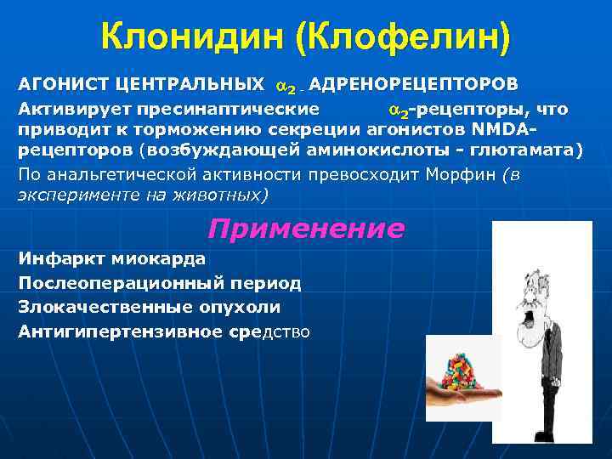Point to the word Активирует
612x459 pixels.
pos(69,109)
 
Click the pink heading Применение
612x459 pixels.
pos(305,229)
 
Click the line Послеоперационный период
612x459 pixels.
pos(159,283)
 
